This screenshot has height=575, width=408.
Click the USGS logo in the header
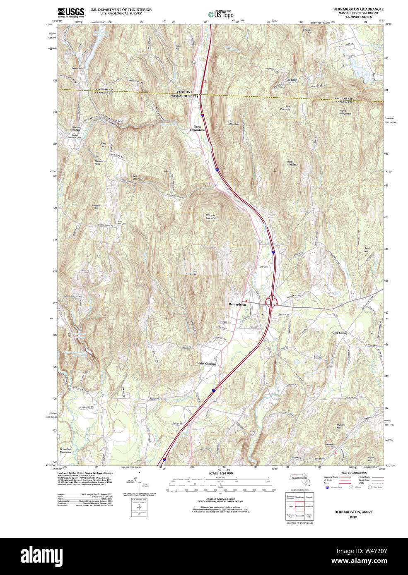click(71, 12)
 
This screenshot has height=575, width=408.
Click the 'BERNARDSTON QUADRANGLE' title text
click(358, 9)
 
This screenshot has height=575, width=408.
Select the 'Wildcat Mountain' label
click(211, 216)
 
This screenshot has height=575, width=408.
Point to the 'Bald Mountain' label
click(292, 163)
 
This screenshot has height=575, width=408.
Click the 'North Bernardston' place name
click(197, 128)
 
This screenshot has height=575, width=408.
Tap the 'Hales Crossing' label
click(206, 364)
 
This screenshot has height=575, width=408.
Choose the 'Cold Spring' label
click(340, 333)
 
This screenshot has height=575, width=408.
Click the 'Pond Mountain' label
click(345, 112)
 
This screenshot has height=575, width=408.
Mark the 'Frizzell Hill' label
click(96, 206)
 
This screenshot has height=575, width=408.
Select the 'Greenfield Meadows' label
click(65, 450)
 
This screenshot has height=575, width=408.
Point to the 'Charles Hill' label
click(307, 31)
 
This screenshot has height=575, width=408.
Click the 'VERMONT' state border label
click(184, 92)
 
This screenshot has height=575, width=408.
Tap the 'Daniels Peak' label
click(98, 163)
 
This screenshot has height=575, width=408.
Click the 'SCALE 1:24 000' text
click(220, 473)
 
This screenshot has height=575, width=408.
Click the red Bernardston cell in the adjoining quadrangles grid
click(299, 506)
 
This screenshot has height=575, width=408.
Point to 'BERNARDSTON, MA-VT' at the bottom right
click(353, 512)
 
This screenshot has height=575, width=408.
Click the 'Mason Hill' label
click(340, 426)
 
